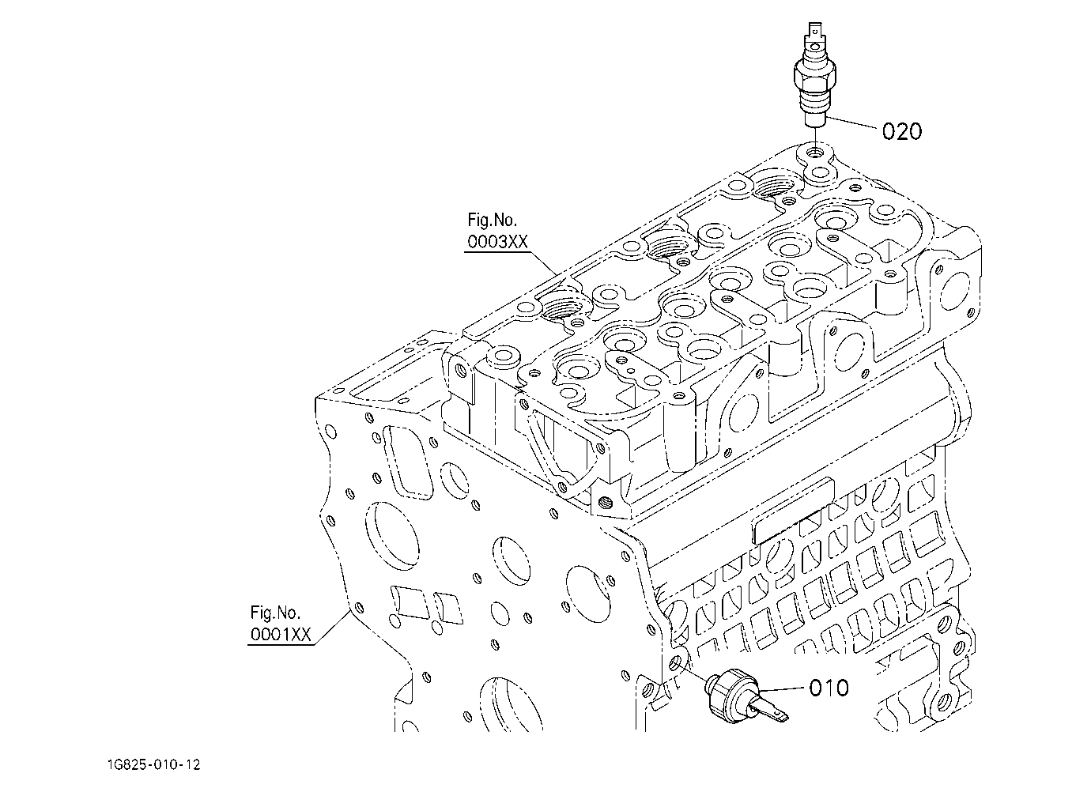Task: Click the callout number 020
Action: (x=902, y=131)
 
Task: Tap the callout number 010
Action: (x=829, y=688)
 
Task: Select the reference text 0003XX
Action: (x=497, y=242)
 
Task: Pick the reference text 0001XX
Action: (x=281, y=634)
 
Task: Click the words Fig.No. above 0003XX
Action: (x=492, y=221)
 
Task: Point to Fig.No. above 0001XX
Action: (x=275, y=613)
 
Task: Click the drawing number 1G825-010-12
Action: (x=154, y=764)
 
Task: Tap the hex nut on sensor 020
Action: (x=815, y=77)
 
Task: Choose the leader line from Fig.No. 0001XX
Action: (x=331, y=628)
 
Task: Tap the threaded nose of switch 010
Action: (x=712, y=684)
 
